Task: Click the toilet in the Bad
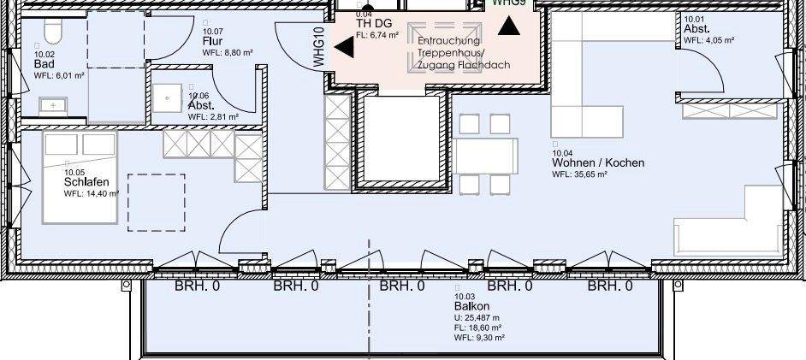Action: point(53,32)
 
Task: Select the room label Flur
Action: point(213,41)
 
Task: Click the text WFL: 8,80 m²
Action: point(228,52)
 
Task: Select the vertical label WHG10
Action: point(318,47)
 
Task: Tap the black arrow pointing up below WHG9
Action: point(509,25)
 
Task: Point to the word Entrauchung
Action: point(449,40)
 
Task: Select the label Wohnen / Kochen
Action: point(598,162)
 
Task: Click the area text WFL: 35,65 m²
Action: point(579,174)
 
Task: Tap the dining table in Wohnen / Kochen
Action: point(486,155)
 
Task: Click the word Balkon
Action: point(472,306)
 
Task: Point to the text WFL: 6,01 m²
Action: point(59,75)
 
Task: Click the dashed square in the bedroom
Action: point(157,203)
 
